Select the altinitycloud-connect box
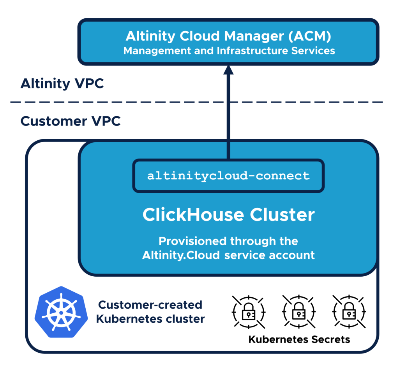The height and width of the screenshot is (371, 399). pyautogui.click(x=228, y=176)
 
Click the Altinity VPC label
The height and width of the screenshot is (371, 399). pyautogui.click(x=62, y=84)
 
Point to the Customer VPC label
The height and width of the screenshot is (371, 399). pyautogui.click(x=71, y=121)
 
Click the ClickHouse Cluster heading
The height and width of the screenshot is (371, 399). pyautogui.click(x=228, y=215)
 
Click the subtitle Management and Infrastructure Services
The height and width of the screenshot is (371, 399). pyautogui.click(x=229, y=51)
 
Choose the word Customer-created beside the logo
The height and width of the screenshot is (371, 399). pyautogui.click(x=150, y=305)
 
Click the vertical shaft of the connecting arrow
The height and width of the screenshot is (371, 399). pyautogui.click(x=228, y=117)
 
